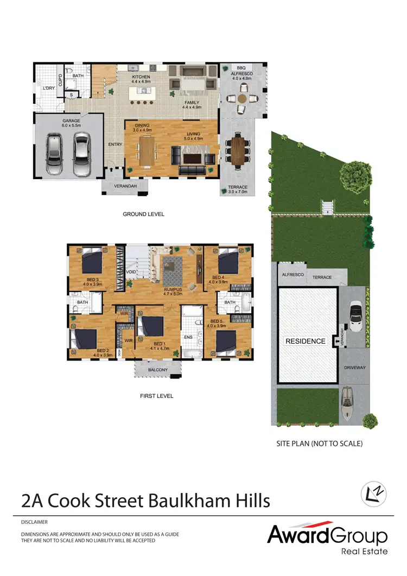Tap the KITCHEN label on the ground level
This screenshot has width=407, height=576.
(x=141, y=77)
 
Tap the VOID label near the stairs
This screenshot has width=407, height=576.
(x=130, y=271)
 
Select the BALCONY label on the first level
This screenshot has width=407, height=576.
(x=158, y=370)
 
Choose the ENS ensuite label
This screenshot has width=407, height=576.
(x=189, y=337)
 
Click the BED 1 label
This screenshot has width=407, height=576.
(x=159, y=344)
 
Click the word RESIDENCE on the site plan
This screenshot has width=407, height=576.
(x=306, y=341)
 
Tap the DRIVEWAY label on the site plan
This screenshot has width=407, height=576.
(x=355, y=368)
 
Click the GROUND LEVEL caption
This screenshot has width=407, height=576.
(x=143, y=214)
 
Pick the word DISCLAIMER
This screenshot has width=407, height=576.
(x=34, y=522)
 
